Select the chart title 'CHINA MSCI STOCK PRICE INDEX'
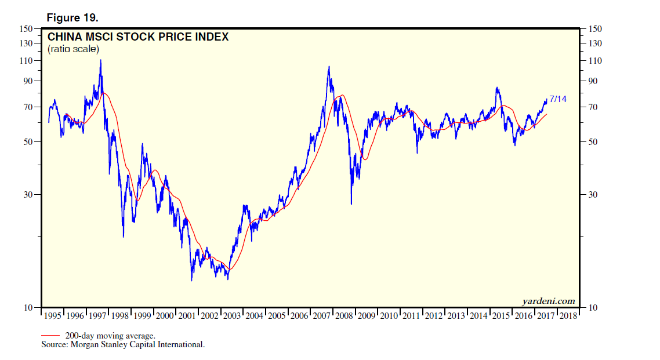tap(138, 37)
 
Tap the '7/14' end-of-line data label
tap(558, 99)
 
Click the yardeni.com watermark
tap(549, 300)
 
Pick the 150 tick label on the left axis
tap(25, 29)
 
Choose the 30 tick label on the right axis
tap(593, 195)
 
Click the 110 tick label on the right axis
tap(595, 61)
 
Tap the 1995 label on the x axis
tap(53, 316)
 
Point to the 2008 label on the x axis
tap(344, 316)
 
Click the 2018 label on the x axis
tap(568, 316)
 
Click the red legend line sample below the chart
tap(51, 335)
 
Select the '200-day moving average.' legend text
tap(110, 336)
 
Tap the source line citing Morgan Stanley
tap(122, 344)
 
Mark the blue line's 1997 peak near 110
tap(100, 60)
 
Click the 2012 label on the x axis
tap(433, 316)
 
